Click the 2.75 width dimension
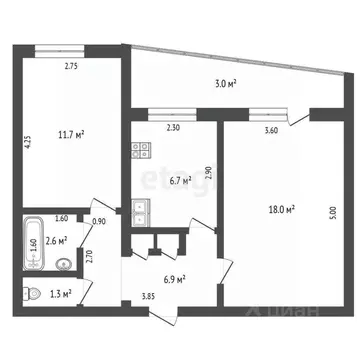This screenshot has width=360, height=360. pyautogui.click(x=71, y=67)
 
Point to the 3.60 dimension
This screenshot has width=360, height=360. pyautogui.click(x=271, y=130)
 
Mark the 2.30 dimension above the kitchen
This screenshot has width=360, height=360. pyautogui.click(x=172, y=129)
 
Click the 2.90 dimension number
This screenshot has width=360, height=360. pyautogui.click(x=208, y=171)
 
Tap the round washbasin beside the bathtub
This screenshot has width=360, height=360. pyautogui.click(x=64, y=264)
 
